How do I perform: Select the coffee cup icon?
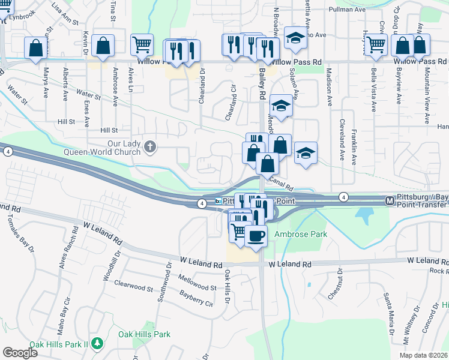click(x=256, y=235)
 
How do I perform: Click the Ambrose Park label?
click(x=301, y=234)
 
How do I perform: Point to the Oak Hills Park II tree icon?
click(x=97, y=343)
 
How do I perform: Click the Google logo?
click(x=20, y=353)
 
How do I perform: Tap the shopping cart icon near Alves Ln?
click(x=142, y=44)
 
